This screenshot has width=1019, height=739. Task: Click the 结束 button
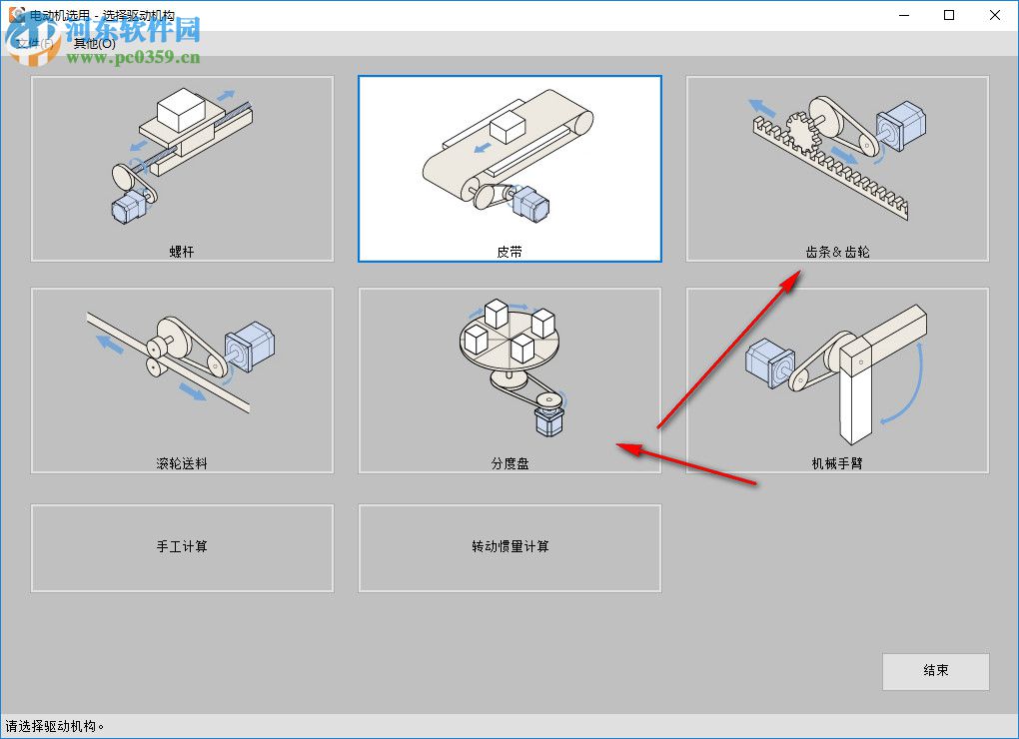point(935,671)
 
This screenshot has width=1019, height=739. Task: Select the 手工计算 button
point(182,547)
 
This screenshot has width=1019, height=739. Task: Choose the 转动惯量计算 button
point(509,547)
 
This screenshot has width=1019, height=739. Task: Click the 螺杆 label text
point(182,252)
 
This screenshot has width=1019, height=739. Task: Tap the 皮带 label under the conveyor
point(509,252)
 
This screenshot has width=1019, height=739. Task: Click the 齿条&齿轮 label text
point(837,252)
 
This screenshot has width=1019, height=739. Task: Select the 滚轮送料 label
point(182,463)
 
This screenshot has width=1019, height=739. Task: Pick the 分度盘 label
point(509,463)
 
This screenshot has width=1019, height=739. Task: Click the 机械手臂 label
point(837,463)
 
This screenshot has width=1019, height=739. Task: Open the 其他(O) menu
point(94,43)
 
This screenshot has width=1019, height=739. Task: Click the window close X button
point(994,15)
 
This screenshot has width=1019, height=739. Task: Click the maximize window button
point(949,15)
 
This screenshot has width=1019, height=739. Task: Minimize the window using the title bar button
point(903,15)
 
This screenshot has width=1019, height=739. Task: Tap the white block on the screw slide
point(181,108)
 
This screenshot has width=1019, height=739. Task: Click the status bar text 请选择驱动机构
point(55,727)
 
